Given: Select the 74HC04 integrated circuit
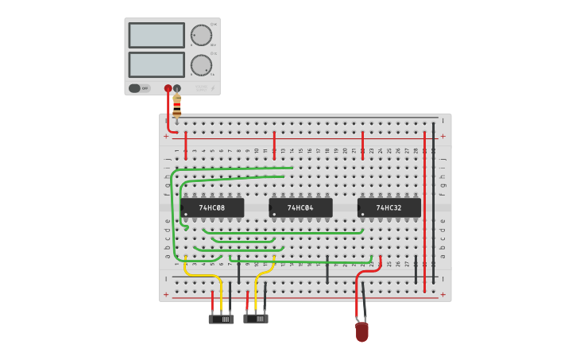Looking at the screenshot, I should [x=300, y=208].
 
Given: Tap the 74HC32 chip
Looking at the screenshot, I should [x=389, y=208].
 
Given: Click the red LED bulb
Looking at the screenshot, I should [x=362, y=331].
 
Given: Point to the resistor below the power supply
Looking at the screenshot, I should [x=176, y=105].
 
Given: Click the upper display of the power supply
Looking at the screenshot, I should [x=157, y=35].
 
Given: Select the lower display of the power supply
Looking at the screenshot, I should [x=157, y=64].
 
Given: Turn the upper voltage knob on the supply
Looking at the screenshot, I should [x=201, y=35].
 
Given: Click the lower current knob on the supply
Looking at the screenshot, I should [x=201, y=65].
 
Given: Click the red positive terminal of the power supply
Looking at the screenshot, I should [x=168, y=88].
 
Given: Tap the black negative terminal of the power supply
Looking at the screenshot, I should [x=177, y=88].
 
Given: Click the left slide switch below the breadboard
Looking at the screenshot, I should [x=221, y=319].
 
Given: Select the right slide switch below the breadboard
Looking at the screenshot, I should [x=256, y=319].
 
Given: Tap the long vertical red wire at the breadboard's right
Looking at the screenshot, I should [x=424, y=215].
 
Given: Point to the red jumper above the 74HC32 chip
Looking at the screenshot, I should [x=362, y=146].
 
